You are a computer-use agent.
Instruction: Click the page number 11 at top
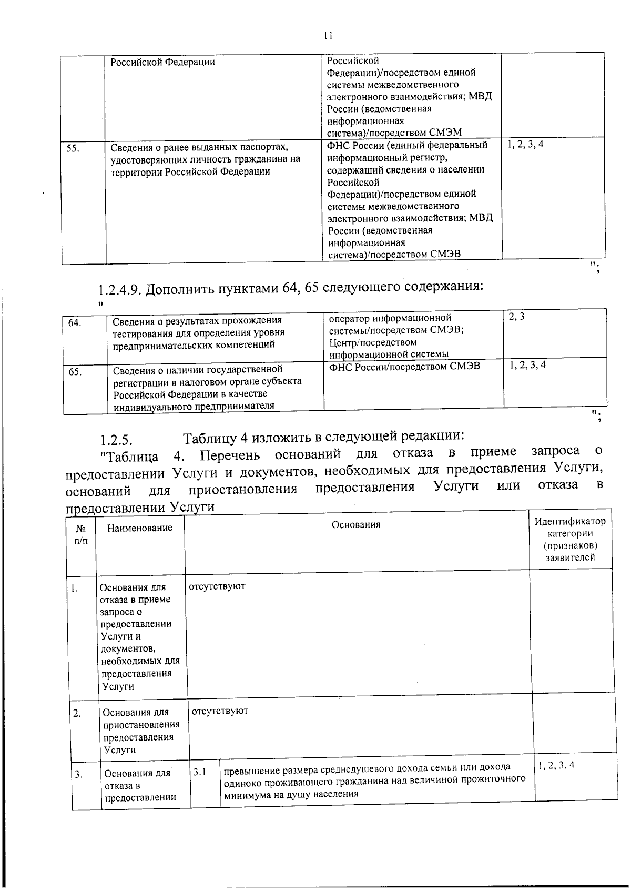pos(328,36)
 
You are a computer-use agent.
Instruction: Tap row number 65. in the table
pos(75,371)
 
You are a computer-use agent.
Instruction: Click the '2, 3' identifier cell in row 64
pos(516,317)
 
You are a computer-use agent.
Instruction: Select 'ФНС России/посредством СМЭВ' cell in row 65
pos(404,366)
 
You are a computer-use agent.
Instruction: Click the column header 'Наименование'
pos(139,528)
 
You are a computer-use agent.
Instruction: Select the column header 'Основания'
pos(356,524)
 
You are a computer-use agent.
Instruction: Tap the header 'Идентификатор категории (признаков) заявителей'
pos(570,539)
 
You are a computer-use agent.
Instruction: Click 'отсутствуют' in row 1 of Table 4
pos(217,586)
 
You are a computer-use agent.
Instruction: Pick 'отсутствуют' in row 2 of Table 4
pos(220,711)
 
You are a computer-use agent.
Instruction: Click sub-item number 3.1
pos(199,772)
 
